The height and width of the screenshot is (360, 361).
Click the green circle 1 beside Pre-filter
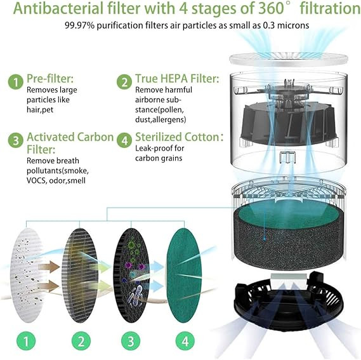tap(16, 82)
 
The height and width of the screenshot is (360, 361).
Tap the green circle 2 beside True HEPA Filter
tap(124, 82)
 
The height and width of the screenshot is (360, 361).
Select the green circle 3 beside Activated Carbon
tap(16, 140)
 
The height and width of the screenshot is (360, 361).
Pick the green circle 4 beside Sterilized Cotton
tap(124, 140)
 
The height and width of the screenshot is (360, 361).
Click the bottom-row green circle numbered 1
tap(26, 341)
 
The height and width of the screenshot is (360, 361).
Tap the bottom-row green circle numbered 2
tap(81, 341)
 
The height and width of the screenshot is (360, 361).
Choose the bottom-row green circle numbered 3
tap(131, 341)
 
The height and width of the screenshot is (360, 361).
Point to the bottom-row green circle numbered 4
tap(185, 341)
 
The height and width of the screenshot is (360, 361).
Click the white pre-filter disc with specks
tap(27, 276)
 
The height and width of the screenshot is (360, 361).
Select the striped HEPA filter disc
tap(80, 276)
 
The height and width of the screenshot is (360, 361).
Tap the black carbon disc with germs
tap(131, 276)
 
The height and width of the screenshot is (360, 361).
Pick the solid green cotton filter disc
tap(183, 276)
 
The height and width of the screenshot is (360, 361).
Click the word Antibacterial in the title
tap(58, 8)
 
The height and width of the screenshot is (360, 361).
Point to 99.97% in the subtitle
tap(79, 25)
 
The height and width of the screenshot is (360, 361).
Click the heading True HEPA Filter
tap(177, 79)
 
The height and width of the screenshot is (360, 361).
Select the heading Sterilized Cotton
tap(179, 137)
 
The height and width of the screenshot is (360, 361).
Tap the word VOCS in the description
tap(36, 180)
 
